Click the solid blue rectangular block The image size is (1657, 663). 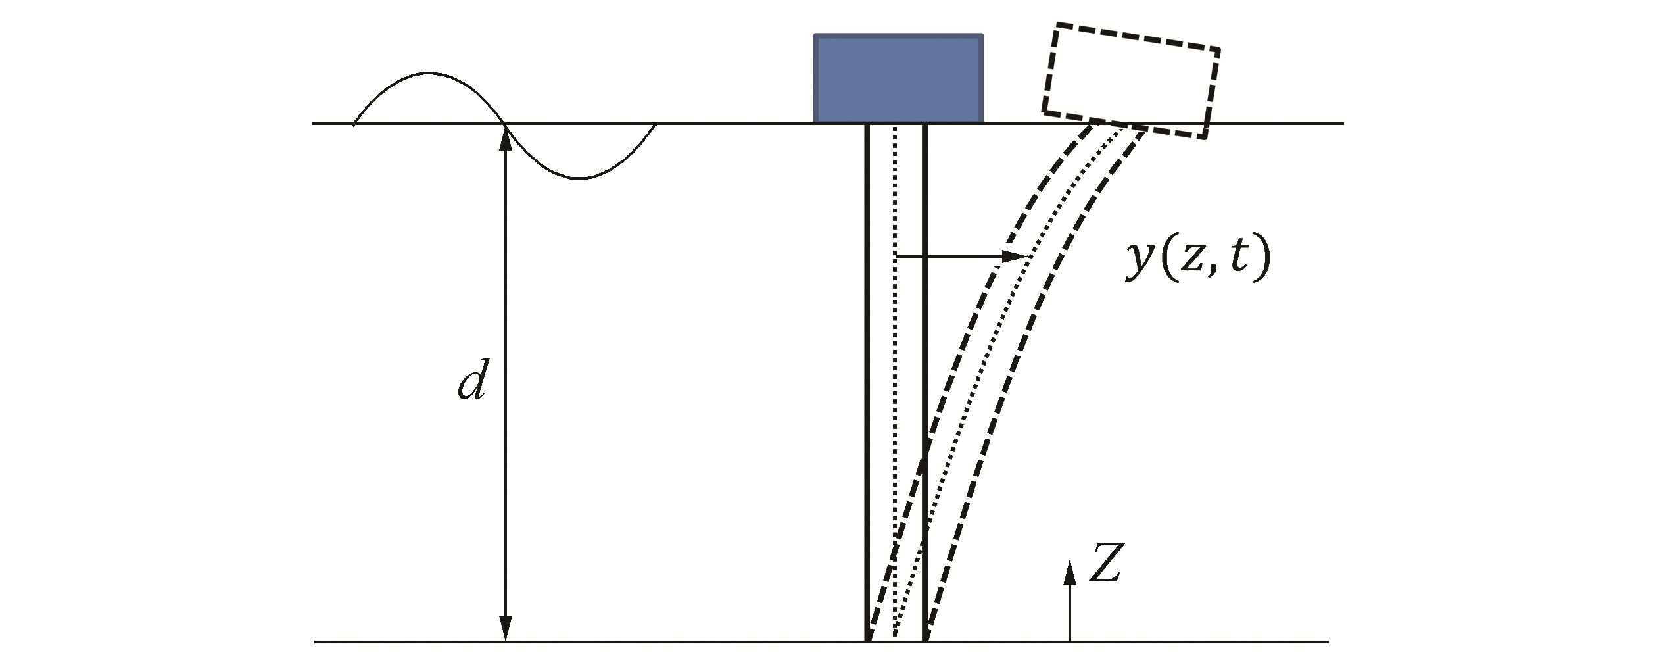tap(898, 79)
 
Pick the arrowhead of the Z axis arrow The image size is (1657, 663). tap(1070, 572)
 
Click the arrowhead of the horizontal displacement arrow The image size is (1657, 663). tap(1016, 255)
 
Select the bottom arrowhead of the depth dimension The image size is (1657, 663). tap(505, 628)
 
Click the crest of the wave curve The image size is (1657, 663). tap(429, 73)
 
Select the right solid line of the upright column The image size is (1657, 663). tap(925, 329)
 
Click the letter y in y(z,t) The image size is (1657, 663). tap(1139, 262)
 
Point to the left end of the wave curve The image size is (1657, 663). tap(354, 123)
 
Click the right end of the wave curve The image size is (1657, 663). tap(655, 124)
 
